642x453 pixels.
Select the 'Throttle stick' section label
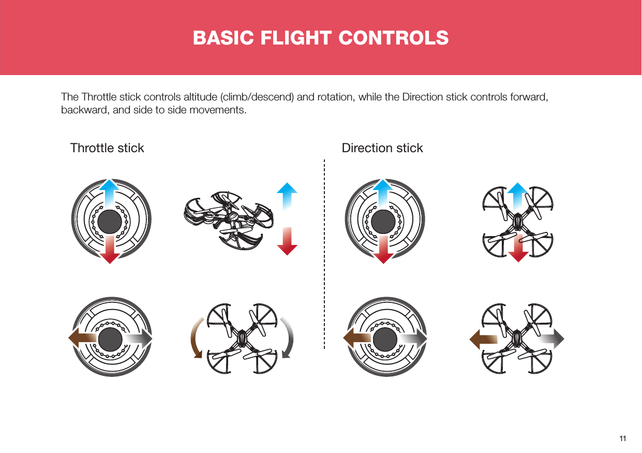point(107,148)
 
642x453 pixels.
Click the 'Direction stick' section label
point(382,148)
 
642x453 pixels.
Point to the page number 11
point(622,439)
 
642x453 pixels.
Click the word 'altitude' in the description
point(202,98)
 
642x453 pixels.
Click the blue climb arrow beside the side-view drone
point(287,195)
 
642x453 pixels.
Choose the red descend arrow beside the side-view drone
point(287,242)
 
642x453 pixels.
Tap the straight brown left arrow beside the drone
point(483,340)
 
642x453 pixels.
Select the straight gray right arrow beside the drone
point(551,340)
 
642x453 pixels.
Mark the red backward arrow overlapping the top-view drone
point(517,247)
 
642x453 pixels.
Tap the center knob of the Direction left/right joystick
point(383,340)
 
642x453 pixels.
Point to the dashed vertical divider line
point(324,254)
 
